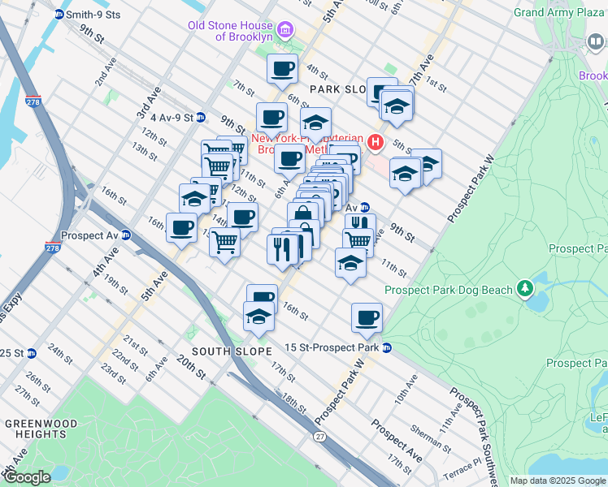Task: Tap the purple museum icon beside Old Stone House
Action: (x=284, y=32)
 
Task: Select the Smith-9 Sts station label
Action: (x=93, y=14)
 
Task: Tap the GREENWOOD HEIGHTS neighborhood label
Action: (x=41, y=429)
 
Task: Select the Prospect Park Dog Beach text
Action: (x=448, y=290)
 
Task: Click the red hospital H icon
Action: (x=375, y=143)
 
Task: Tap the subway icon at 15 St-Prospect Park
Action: (x=388, y=347)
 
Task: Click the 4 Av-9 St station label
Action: (x=165, y=117)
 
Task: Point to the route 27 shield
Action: (x=319, y=437)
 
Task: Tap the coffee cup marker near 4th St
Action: (x=282, y=71)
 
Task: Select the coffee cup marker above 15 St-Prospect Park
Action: (x=367, y=317)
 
